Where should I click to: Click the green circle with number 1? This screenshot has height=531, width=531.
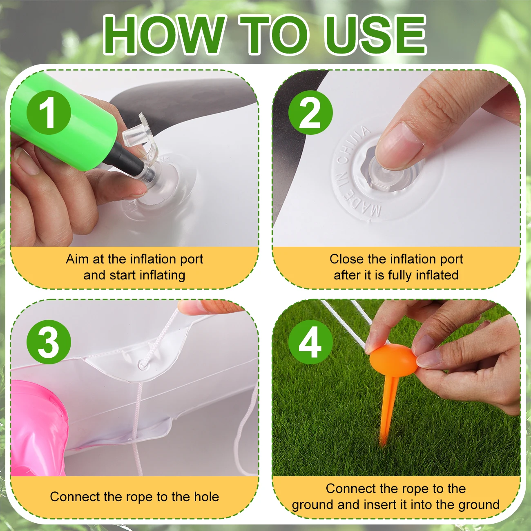49,112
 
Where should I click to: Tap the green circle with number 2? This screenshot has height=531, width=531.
310,112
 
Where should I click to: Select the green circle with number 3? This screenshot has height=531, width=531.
49,342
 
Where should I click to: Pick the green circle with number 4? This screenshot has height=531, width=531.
310,342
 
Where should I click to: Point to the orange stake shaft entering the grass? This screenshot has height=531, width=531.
386,417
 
